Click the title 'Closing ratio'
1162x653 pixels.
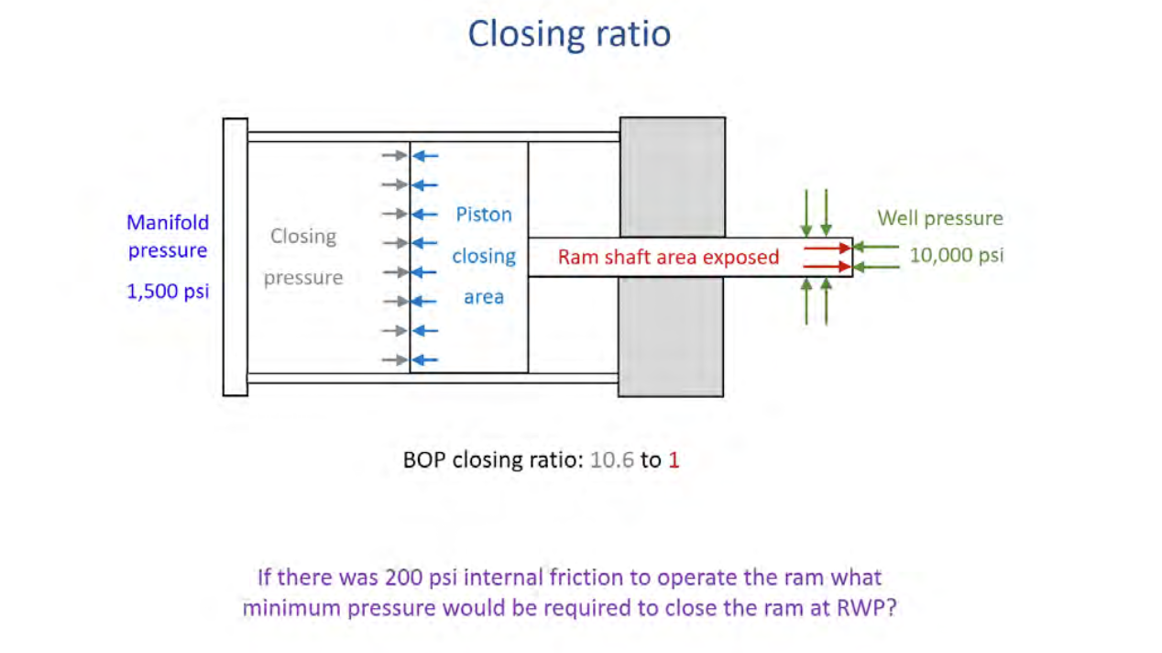(x=569, y=34)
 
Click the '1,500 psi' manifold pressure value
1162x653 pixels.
(x=168, y=292)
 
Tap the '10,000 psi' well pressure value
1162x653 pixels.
(x=956, y=255)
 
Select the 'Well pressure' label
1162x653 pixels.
(x=939, y=218)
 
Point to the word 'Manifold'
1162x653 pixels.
(x=168, y=223)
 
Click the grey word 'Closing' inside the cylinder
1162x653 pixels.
(x=303, y=237)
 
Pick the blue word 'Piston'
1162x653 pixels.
(x=484, y=215)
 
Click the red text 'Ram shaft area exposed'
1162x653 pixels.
(x=668, y=257)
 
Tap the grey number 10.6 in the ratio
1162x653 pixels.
(x=612, y=459)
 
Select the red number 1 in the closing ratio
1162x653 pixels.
(x=674, y=459)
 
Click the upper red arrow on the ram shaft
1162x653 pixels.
(x=828, y=248)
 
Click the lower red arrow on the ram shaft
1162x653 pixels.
(x=828, y=267)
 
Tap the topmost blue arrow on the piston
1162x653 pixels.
(x=425, y=156)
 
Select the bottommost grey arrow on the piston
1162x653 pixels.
(x=395, y=360)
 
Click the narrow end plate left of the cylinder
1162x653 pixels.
(x=235, y=257)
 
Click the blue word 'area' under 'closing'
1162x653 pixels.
(x=484, y=297)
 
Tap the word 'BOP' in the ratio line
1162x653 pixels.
(x=424, y=459)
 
